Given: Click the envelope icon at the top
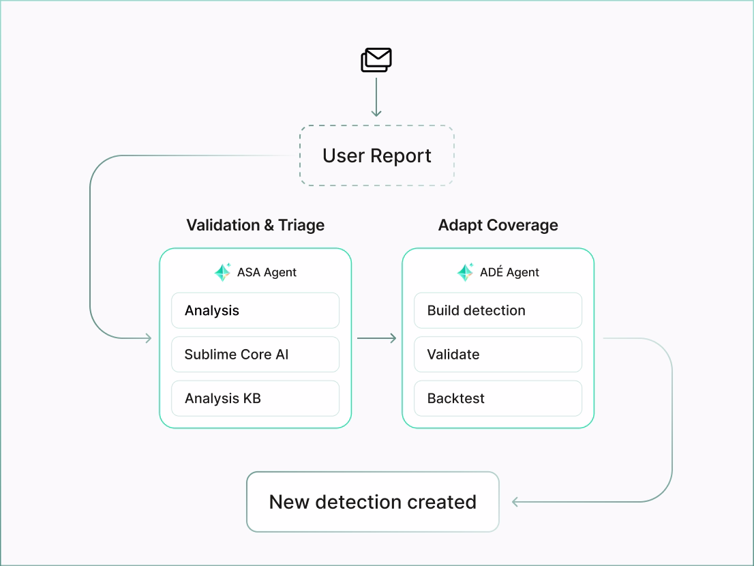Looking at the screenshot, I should [x=376, y=60].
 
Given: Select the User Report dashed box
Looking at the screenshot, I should [x=376, y=155].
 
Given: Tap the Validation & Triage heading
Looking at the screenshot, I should [x=255, y=225].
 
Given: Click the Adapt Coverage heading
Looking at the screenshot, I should [x=498, y=225].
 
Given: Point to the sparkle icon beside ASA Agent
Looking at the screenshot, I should [x=223, y=272].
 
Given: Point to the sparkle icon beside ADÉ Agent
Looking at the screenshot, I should [x=466, y=272].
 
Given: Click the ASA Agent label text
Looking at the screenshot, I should [x=267, y=272].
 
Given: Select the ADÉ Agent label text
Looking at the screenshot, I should [x=509, y=272].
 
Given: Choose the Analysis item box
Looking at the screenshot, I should [x=255, y=311].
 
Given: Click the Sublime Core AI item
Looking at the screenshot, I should [x=255, y=355].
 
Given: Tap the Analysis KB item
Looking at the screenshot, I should [x=255, y=398].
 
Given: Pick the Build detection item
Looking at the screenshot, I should [x=498, y=311].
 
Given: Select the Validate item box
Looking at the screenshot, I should [x=498, y=355].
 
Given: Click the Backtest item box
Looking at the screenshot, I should [x=498, y=398].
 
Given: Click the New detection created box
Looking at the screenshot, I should [x=373, y=502].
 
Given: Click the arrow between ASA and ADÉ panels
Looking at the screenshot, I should [x=376, y=338].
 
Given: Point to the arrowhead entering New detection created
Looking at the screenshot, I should [x=516, y=502].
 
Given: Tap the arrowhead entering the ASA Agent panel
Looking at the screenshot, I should [x=147, y=338].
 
